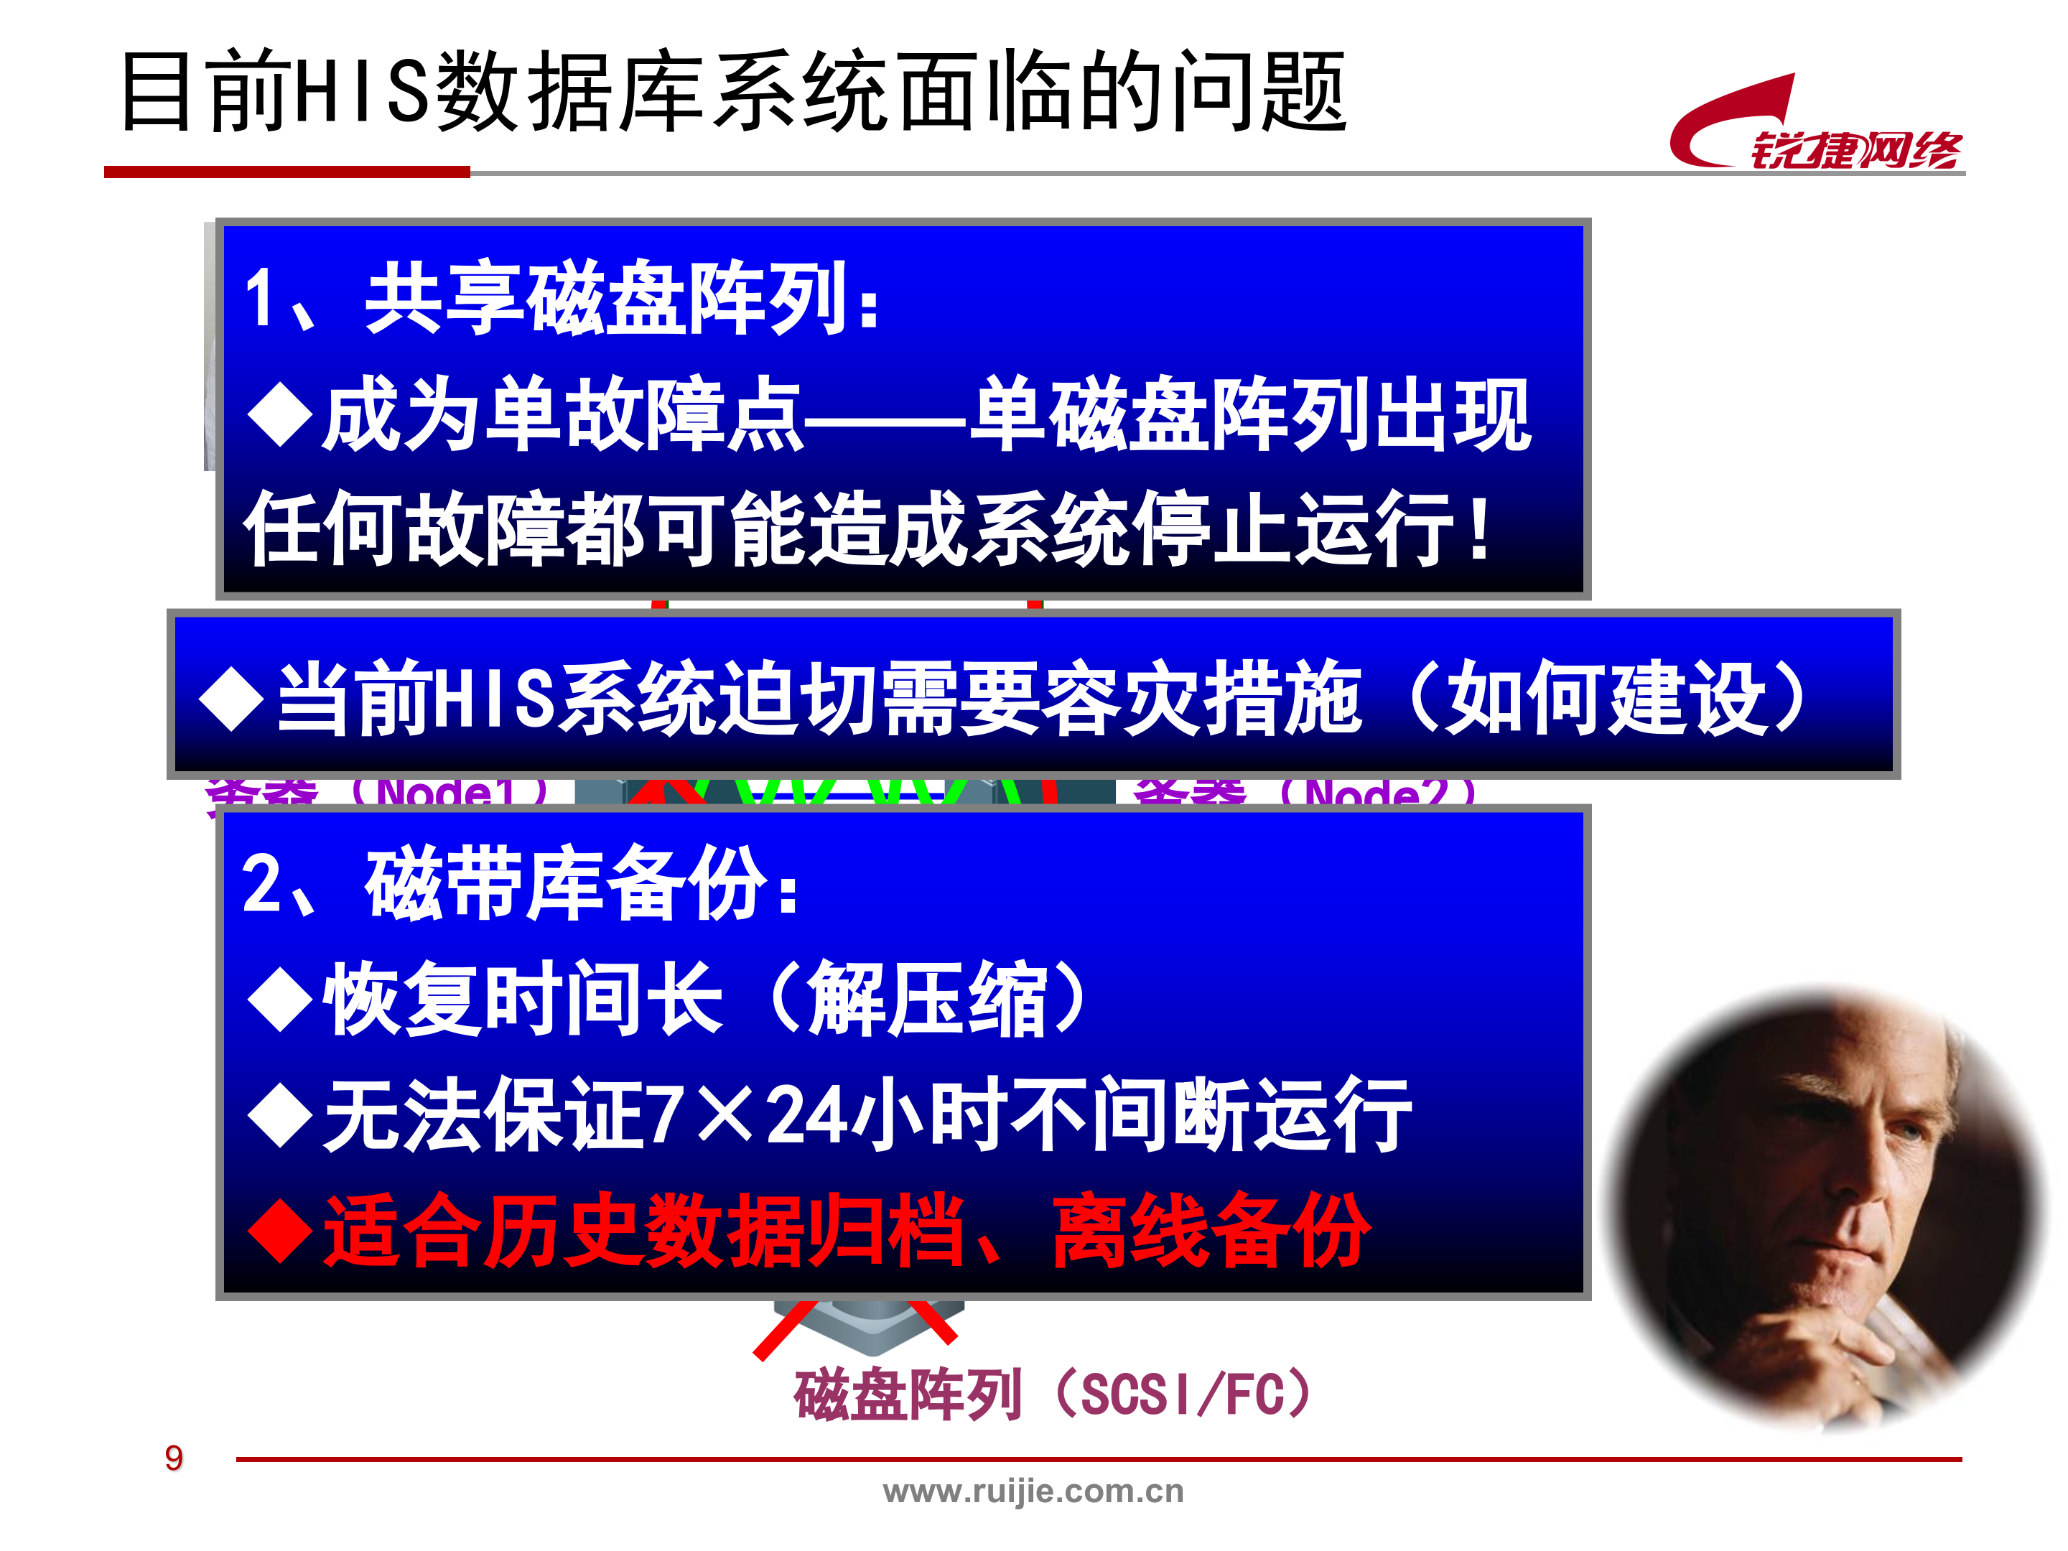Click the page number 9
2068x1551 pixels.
pos(174,1458)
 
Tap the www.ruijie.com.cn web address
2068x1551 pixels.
pos(1033,1491)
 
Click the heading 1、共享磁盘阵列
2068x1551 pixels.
pos(561,299)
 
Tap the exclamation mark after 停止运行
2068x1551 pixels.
pos(1479,529)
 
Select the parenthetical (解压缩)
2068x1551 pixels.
pos(926,1000)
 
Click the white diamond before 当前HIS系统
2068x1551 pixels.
pos(232,699)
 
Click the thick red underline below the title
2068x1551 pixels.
pos(286,172)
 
